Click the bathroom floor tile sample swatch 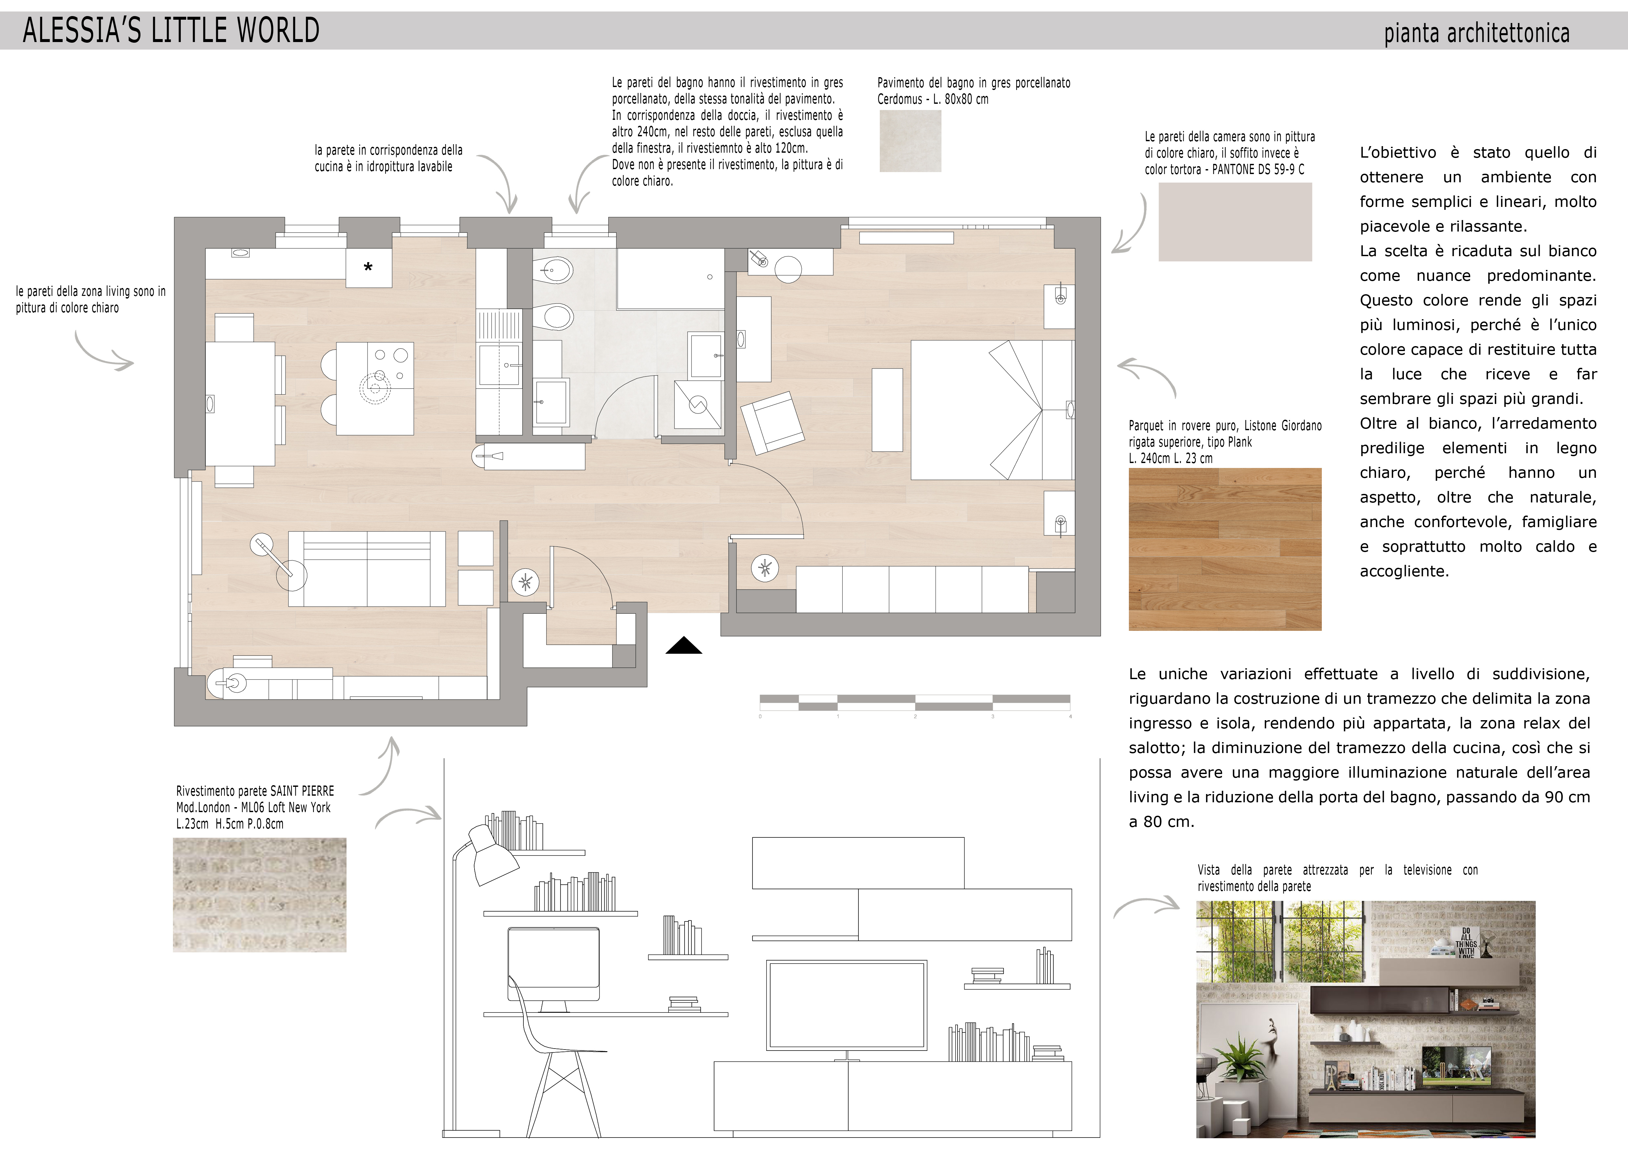[910, 141]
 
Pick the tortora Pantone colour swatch [1235, 222]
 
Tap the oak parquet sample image [1225, 549]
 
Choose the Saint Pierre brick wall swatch [260, 895]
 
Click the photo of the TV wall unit [1366, 1019]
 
